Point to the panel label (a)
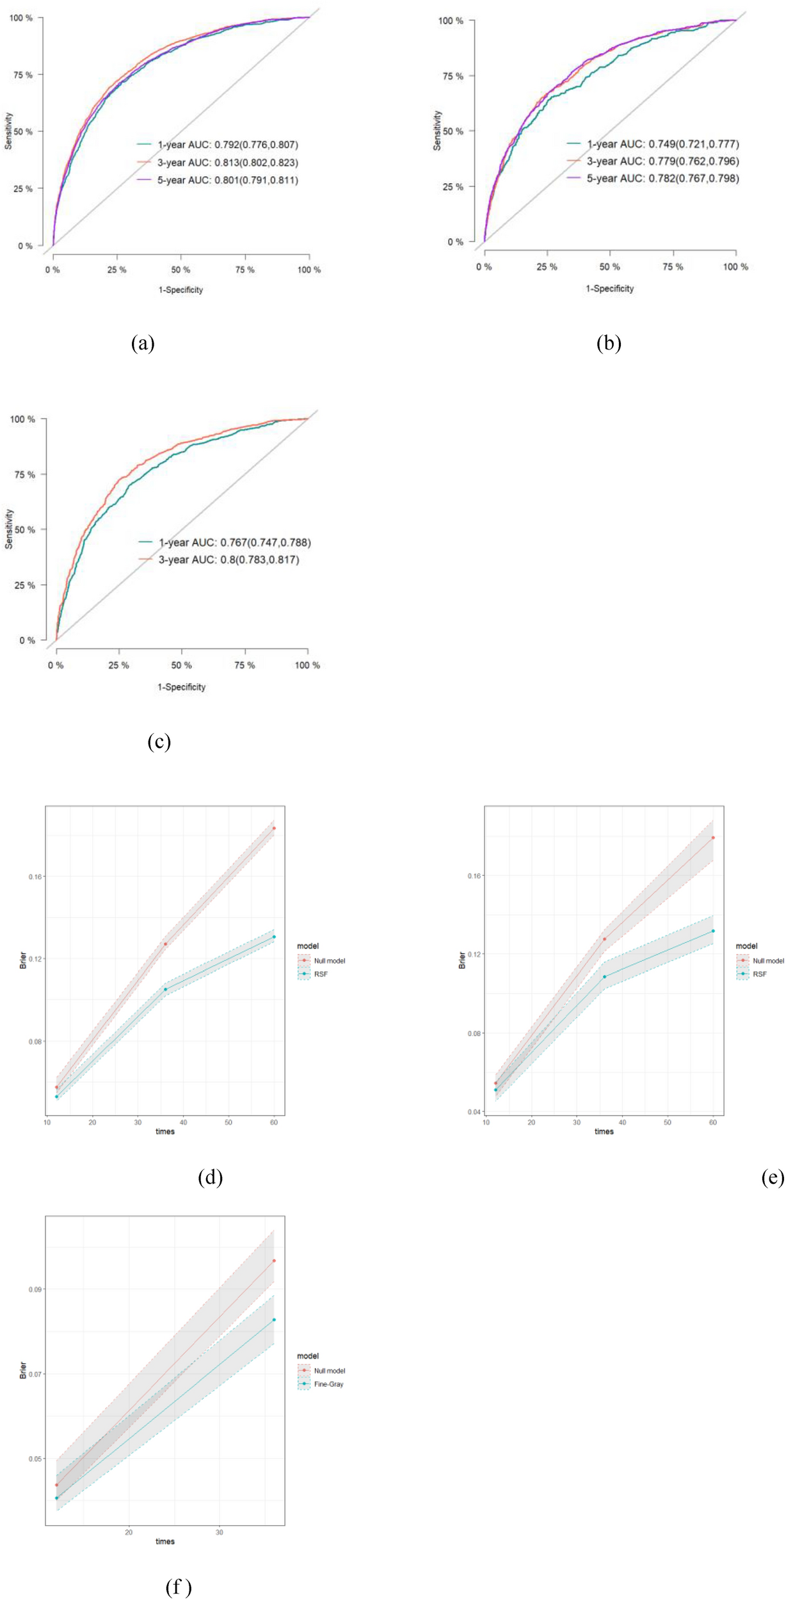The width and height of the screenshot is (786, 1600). click(143, 343)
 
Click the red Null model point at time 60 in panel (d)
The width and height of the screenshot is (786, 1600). click(274, 828)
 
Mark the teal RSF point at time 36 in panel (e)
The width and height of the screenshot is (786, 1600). click(604, 977)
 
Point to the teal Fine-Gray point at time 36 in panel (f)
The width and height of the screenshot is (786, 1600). click(274, 1320)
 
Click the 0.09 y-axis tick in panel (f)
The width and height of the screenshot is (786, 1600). click(36, 1289)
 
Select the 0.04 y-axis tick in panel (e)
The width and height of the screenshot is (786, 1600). click(474, 1112)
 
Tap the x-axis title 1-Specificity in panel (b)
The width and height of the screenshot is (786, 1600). click(609, 289)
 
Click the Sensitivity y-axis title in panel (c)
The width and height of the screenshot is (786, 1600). click(9, 529)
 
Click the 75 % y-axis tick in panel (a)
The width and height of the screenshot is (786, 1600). click(22, 75)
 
